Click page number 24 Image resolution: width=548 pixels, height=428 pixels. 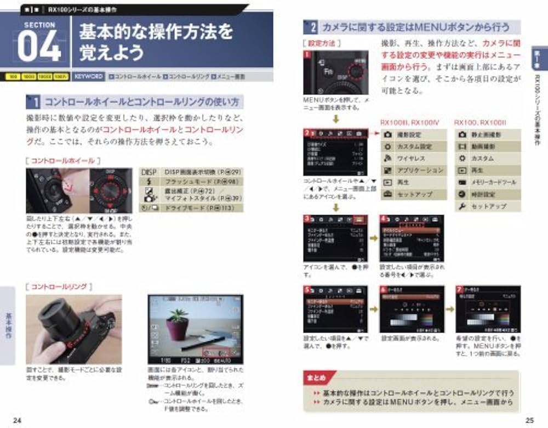point(18,420)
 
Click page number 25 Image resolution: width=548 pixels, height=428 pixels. point(529,420)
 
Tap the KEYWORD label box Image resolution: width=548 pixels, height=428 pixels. point(88,77)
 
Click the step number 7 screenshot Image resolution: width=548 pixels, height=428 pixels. point(480,309)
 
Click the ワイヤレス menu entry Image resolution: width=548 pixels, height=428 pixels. point(412,159)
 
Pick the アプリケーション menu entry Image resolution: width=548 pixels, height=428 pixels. point(419,171)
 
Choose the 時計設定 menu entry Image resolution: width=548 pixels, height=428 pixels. point(483,194)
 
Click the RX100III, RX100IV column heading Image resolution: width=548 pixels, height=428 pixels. point(410,122)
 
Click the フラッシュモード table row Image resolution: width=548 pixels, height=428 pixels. point(190,182)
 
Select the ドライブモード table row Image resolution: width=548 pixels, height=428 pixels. point(190,209)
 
